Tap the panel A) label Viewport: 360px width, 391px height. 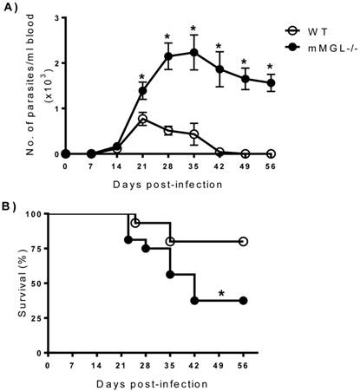point(11,9)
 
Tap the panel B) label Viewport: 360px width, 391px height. point(11,205)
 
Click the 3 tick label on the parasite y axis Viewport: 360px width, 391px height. point(56,17)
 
